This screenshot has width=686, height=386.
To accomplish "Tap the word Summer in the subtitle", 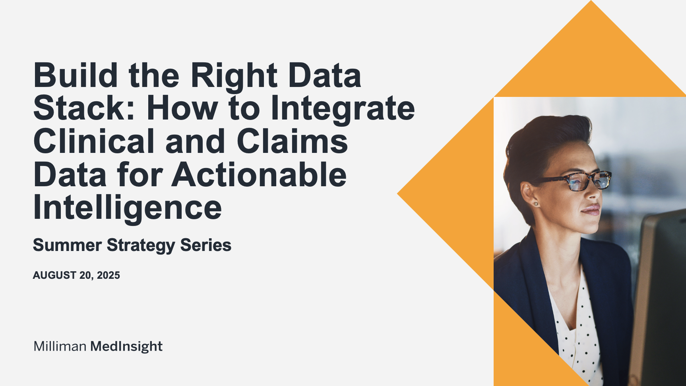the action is (x=67, y=245).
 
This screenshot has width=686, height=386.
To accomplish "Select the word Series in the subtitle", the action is (x=205, y=245).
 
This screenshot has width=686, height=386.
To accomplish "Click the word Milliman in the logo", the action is (x=60, y=346).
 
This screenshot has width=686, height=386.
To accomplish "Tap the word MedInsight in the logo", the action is (x=126, y=347).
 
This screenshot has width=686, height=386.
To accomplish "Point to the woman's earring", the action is (x=536, y=204).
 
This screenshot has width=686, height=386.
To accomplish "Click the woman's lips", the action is (x=591, y=210).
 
